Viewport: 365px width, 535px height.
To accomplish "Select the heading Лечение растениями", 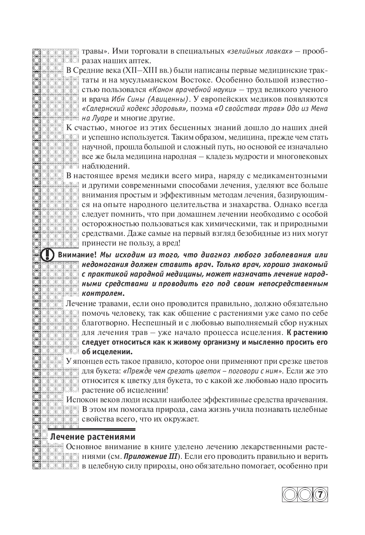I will point(92,437).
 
